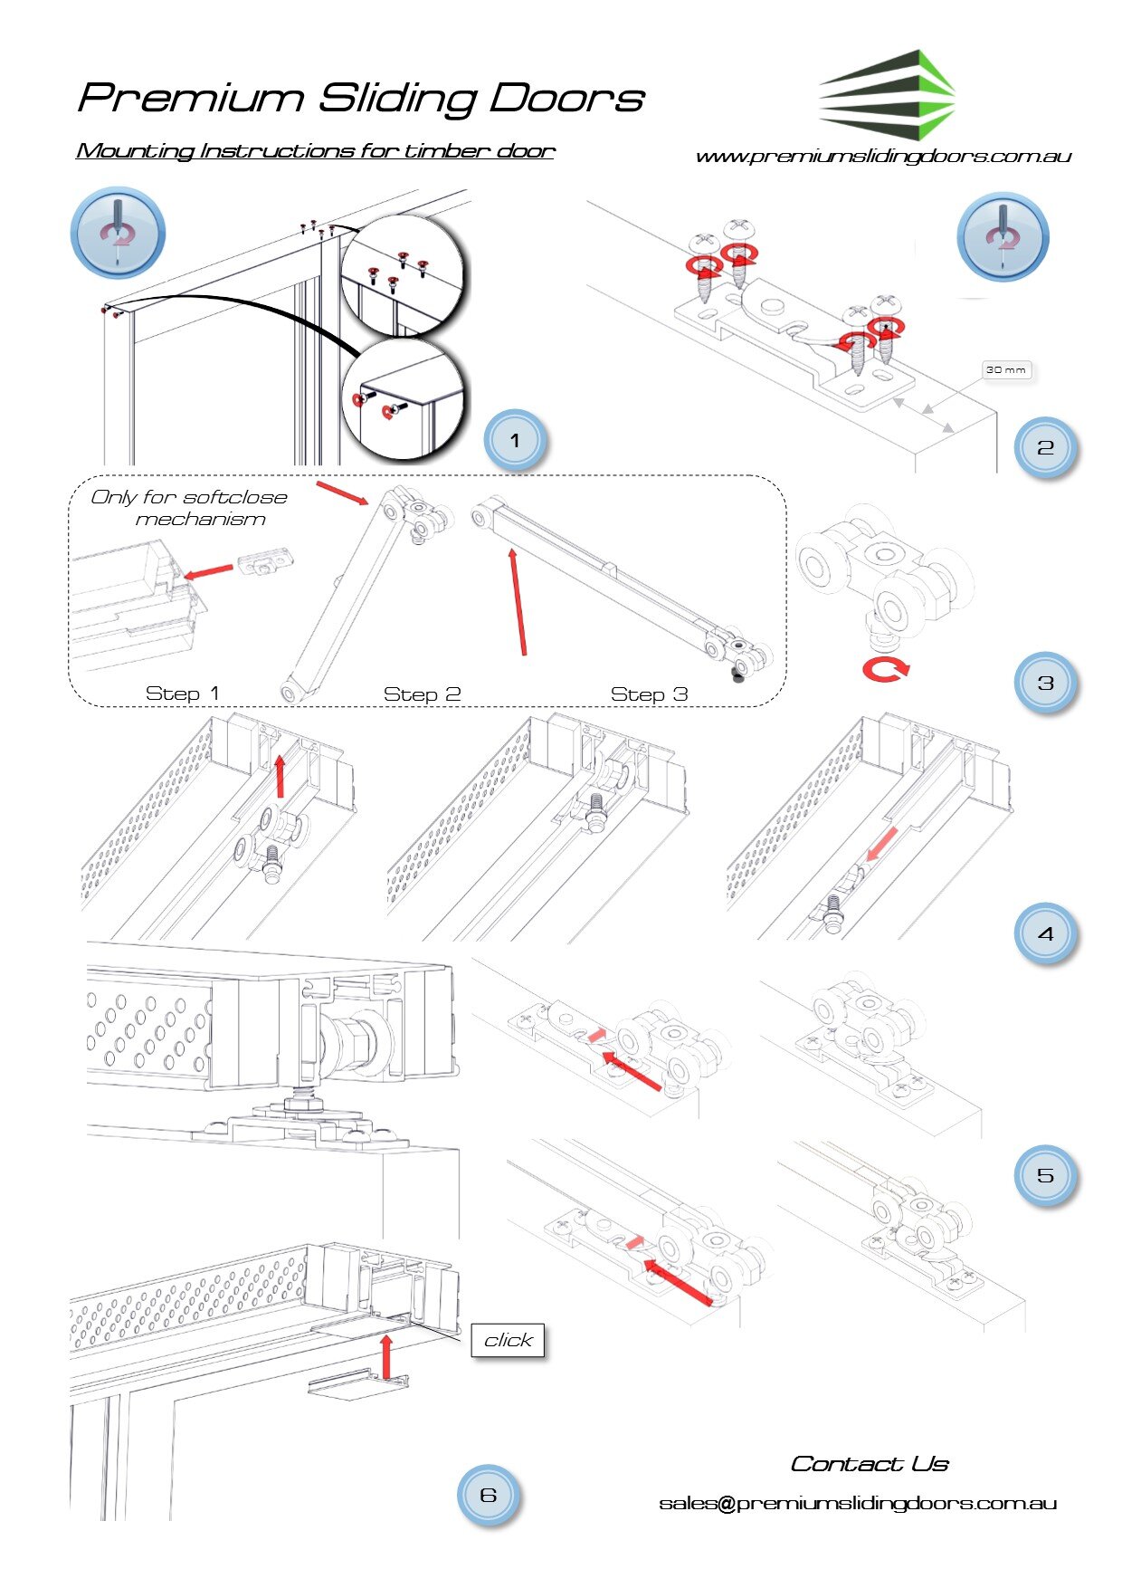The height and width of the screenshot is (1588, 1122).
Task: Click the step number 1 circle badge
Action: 515,441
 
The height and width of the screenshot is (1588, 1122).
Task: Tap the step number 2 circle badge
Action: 1045,447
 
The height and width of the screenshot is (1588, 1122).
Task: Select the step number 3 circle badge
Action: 1045,683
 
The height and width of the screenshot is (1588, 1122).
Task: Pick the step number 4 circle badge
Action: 1045,933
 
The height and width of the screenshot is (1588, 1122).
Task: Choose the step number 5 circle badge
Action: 1045,1175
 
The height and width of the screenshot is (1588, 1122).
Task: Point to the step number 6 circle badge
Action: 489,1494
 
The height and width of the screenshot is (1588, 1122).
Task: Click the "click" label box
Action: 508,1340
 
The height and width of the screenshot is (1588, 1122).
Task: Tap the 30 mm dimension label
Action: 1006,369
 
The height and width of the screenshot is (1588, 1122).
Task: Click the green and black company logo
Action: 887,94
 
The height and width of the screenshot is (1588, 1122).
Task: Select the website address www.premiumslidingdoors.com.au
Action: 883,156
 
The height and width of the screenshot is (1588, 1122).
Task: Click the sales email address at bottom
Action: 858,1503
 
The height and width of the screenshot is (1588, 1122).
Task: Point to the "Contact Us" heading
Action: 870,1464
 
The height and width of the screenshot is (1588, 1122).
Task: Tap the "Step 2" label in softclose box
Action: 422,694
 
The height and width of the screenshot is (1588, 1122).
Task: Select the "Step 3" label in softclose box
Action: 649,694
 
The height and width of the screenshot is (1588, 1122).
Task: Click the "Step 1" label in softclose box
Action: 182,693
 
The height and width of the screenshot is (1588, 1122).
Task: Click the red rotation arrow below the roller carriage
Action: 886,670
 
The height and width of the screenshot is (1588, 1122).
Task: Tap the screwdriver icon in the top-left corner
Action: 118,234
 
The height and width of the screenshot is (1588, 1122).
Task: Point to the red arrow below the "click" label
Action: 386,1355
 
